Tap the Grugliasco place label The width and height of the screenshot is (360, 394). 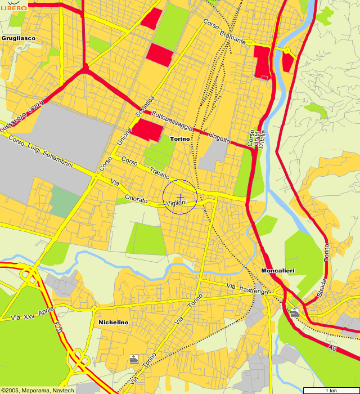19,38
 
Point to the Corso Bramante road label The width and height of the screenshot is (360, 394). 224,32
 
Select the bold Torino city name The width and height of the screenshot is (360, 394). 180,138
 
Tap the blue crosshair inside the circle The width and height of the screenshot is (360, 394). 180,196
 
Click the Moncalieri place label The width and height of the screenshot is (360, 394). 278,271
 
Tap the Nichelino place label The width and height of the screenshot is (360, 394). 114,323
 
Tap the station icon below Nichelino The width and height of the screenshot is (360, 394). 134,359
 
